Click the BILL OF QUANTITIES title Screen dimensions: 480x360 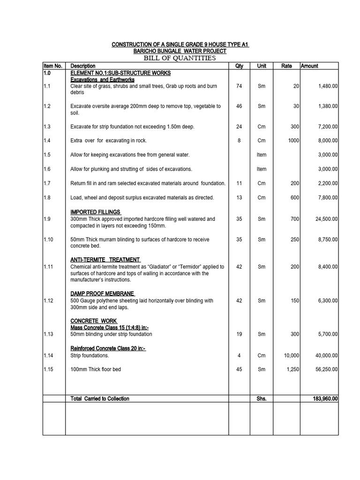(x=180, y=58)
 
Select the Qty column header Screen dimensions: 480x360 (x=239, y=66)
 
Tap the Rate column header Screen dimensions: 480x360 (x=286, y=66)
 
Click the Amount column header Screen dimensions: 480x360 (x=309, y=66)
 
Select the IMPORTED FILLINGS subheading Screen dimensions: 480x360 (x=96, y=212)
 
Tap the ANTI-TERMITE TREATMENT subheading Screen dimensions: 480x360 (x=105, y=260)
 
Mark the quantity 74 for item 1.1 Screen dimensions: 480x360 (x=239, y=86)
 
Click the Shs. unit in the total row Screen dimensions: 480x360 (x=262, y=399)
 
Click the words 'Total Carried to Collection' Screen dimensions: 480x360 (x=100, y=399)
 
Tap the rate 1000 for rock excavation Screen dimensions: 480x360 (x=293, y=140)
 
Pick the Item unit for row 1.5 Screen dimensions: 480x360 (x=262, y=155)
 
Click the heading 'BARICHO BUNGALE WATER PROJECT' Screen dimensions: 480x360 (x=180, y=51)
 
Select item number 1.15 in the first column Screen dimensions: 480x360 (x=49, y=369)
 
